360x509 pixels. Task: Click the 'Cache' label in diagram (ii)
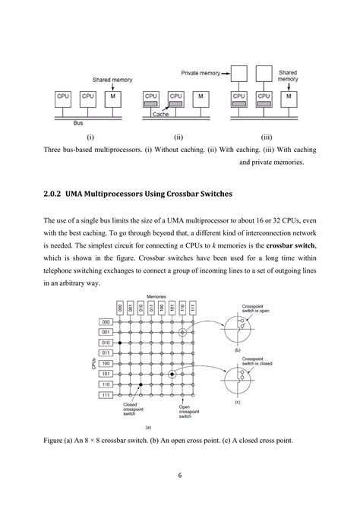point(160,114)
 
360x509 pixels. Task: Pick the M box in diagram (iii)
point(289,99)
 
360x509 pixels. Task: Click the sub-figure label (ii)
point(179,138)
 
